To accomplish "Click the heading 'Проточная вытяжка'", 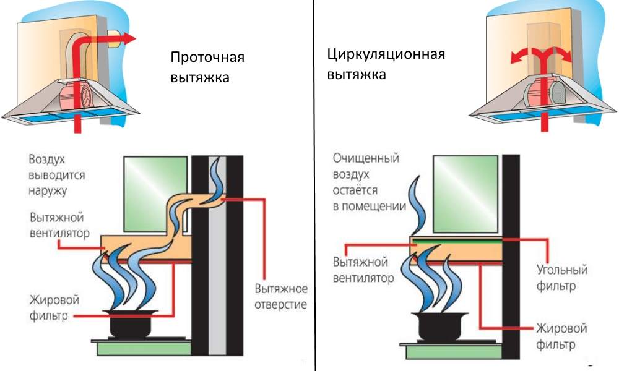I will coord(207,68).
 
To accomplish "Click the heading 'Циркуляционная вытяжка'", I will coord(386,64).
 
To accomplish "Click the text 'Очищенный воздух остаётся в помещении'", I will coord(369,182).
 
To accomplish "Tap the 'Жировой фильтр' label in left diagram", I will coord(54,308).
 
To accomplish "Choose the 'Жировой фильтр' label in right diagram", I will coord(561,335).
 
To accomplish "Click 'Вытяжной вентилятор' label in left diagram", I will coord(59,226).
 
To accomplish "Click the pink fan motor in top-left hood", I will coord(76,100).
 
